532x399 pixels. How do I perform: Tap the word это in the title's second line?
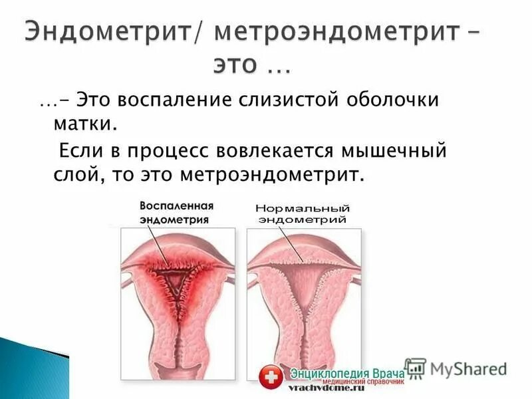tap(239, 65)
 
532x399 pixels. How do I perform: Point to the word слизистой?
tap(288, 100)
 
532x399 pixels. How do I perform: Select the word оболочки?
tap(393, 100)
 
